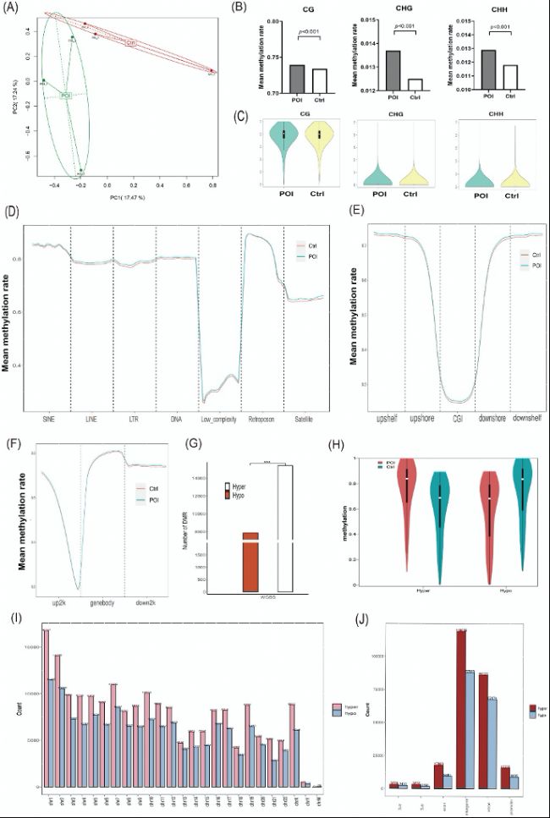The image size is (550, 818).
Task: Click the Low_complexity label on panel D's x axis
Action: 219,418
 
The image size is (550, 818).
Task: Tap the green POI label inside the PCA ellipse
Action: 66,95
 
